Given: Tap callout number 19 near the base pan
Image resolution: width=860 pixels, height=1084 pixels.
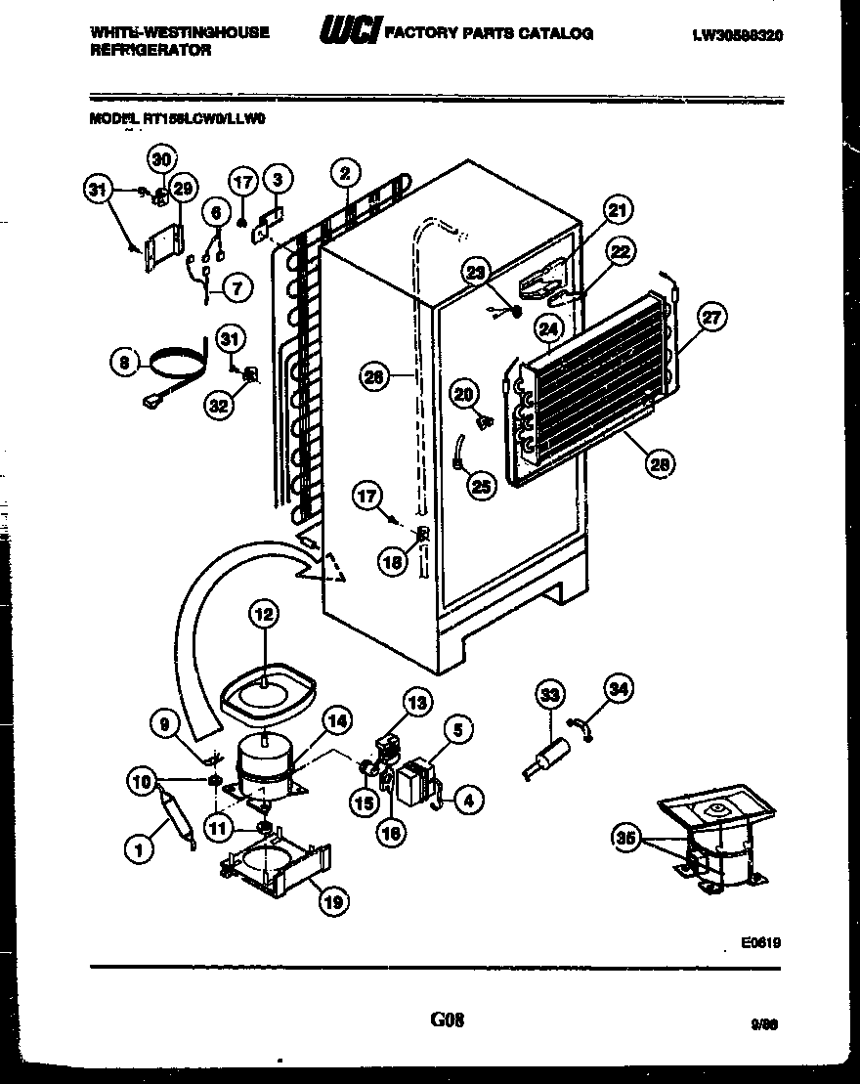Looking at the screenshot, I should click(334, 903).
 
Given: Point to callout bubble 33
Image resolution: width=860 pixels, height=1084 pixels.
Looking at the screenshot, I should click(550, 696).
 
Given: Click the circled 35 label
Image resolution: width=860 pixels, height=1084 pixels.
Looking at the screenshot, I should click(625, 836).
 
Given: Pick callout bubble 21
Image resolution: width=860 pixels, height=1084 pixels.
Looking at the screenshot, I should click(618, 209).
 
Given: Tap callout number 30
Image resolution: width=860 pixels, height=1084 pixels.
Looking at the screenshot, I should click(162, 158).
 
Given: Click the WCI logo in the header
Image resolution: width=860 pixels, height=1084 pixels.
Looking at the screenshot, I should click(347, 33).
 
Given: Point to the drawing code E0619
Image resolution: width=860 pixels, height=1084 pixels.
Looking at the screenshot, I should click(760, 943).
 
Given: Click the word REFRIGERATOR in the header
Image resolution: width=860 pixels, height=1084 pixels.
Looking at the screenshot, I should click(150, 50).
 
